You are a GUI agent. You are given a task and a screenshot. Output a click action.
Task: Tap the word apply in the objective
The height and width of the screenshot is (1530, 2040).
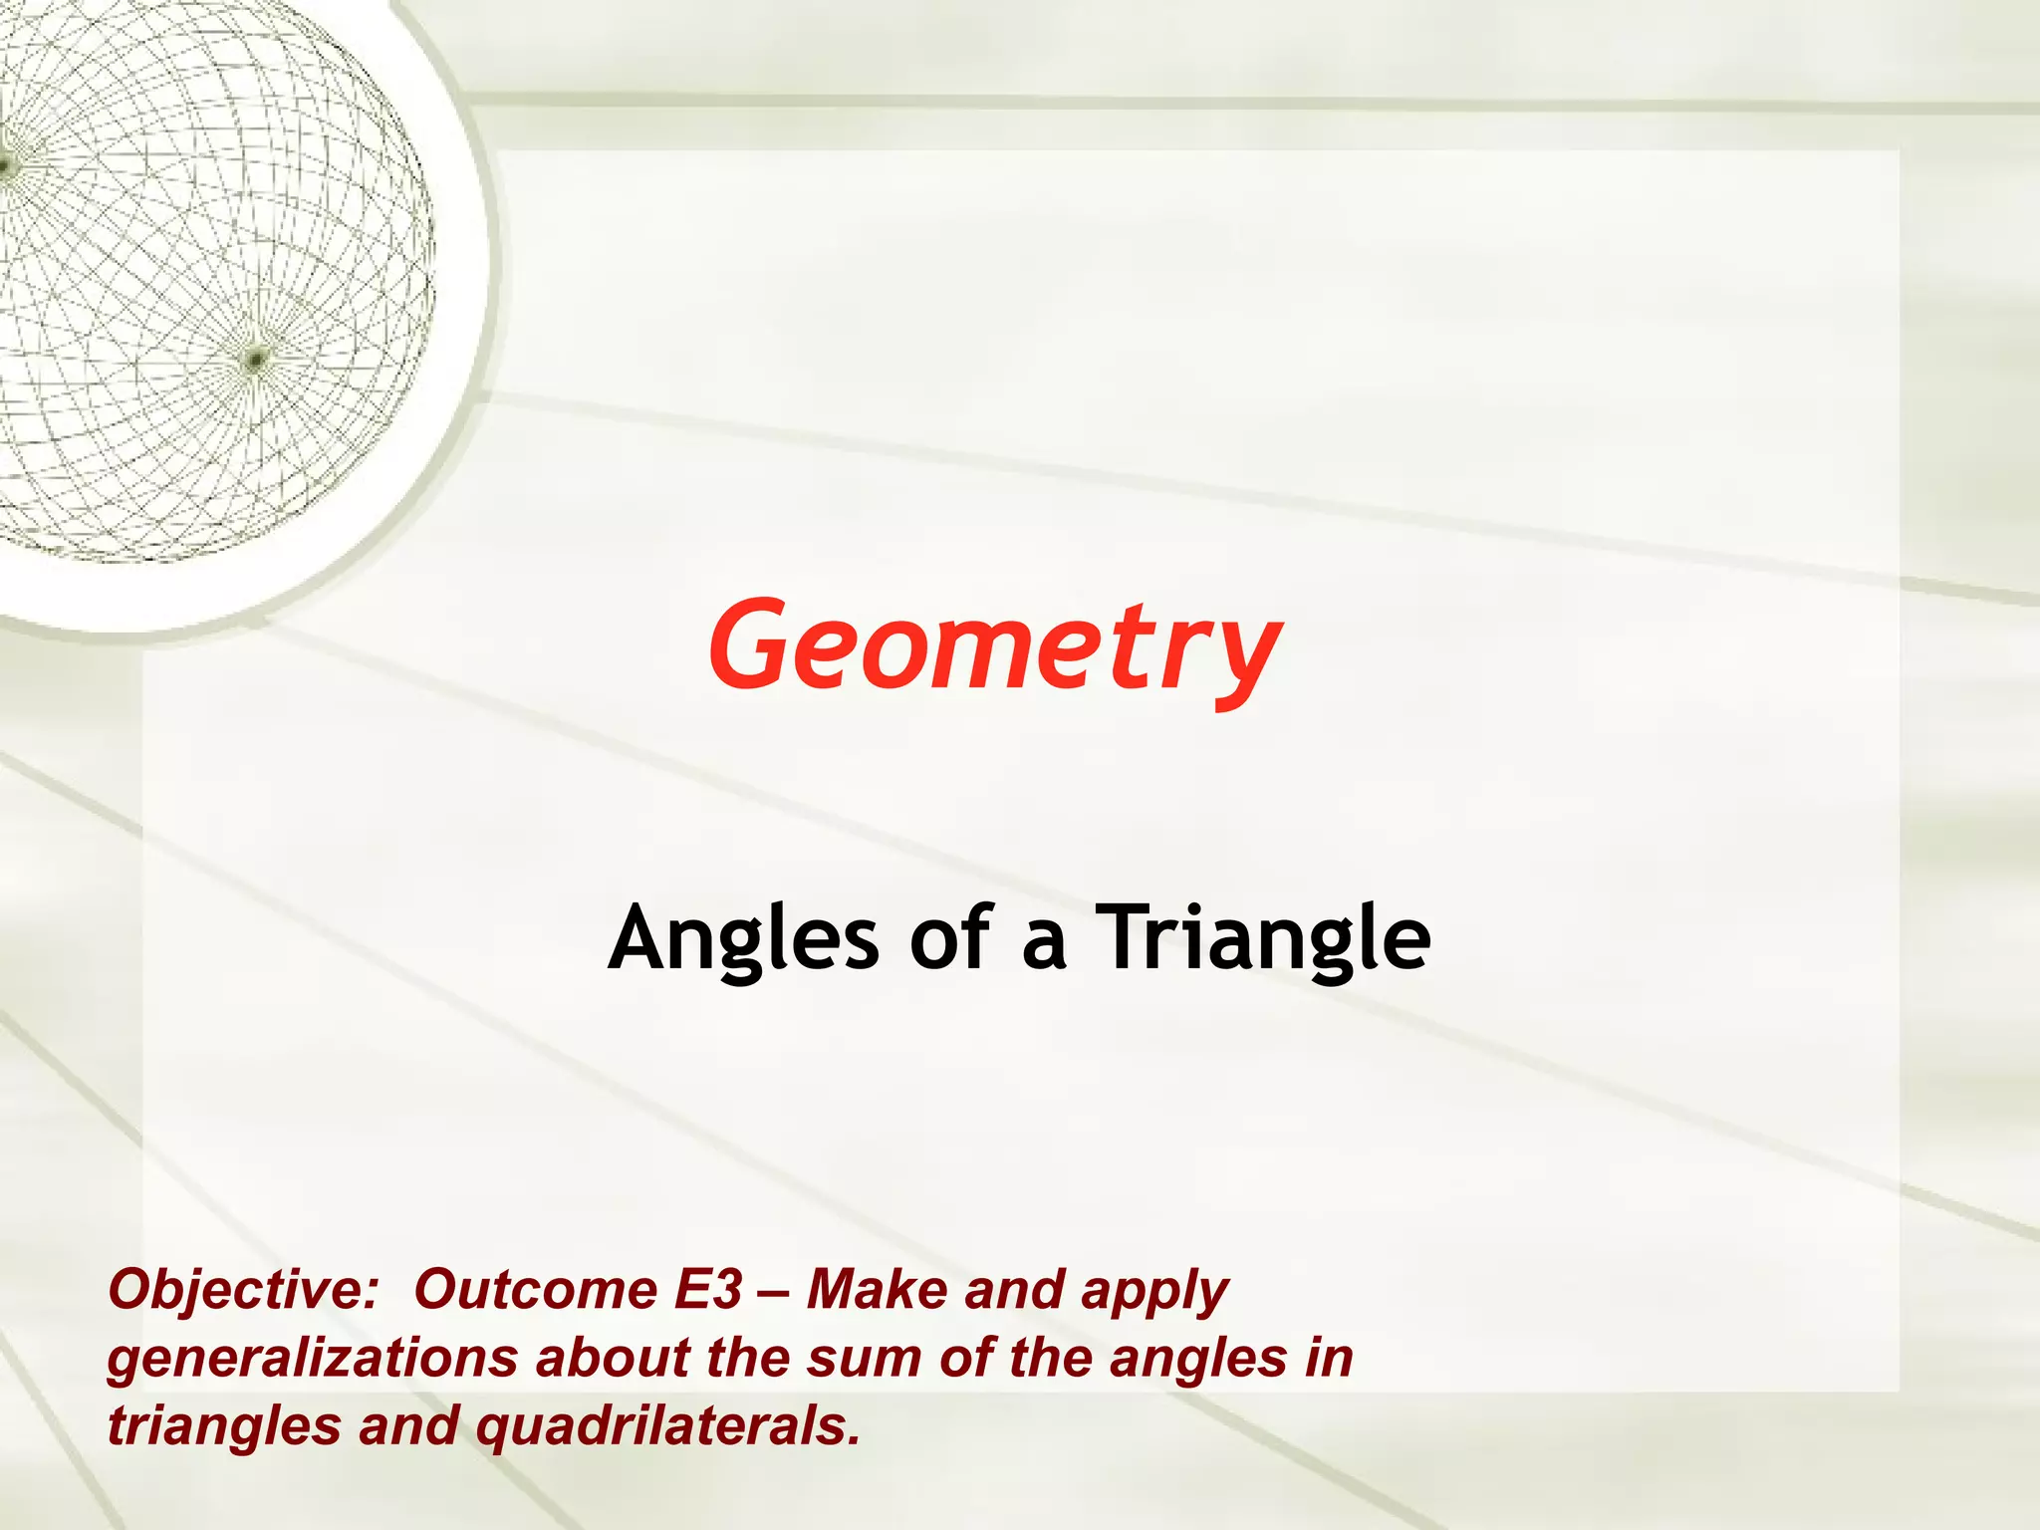click(x=1154, y=1292)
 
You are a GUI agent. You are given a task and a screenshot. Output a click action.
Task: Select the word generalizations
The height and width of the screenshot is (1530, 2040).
click(x=312, y=1359)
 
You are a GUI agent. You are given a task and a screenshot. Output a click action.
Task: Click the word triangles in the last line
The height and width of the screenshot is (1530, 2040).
click(x=224, y=1426)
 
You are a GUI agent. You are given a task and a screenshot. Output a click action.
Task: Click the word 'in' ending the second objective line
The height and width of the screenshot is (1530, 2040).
click(x=1331, y=1359)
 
